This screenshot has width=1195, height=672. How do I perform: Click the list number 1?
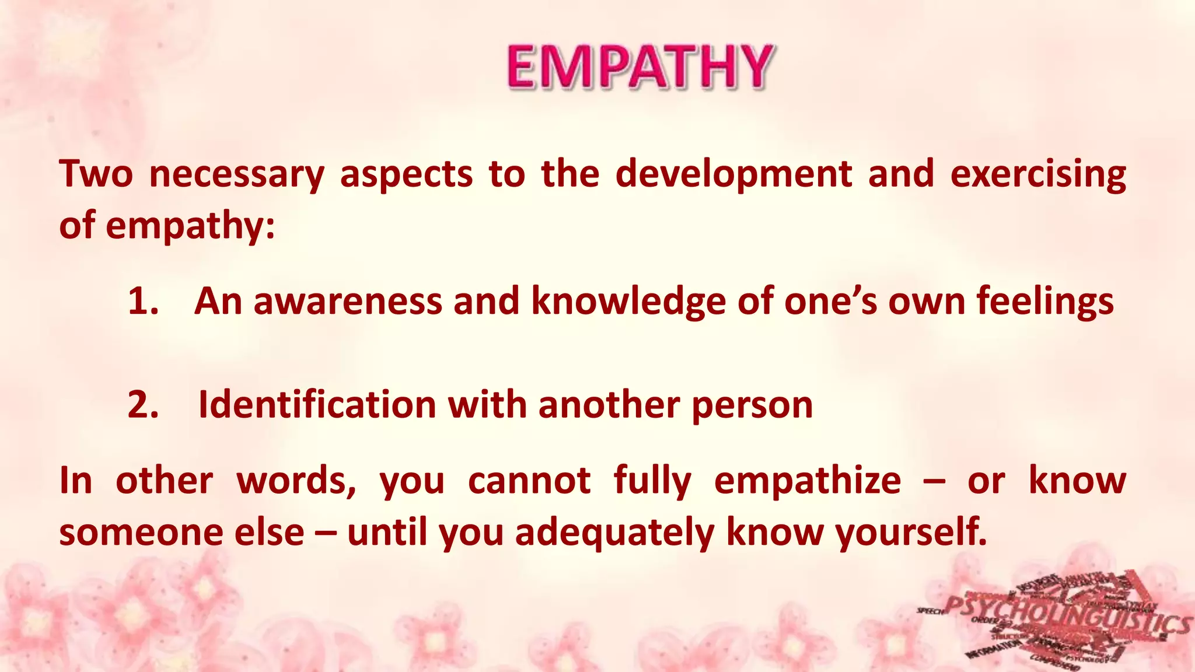click(x=143, y=302)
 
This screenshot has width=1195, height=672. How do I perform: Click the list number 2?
click(x=143, y=404)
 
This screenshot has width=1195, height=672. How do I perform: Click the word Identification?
click(x=317, y=404)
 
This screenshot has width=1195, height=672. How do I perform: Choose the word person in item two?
click(x=752, y=404)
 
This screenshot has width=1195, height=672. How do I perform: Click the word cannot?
click(x=529, y=481)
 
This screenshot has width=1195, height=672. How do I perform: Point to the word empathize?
click(x=808, y=481)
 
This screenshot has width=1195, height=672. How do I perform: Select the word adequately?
click(x=614, y=532)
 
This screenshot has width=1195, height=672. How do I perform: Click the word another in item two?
click(x=609, y=404)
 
